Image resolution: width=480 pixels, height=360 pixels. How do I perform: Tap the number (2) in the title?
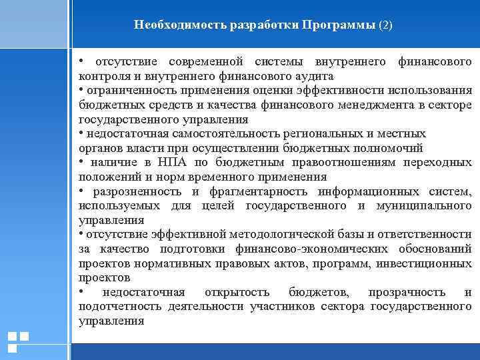pyautogui.click(x=386, y=25)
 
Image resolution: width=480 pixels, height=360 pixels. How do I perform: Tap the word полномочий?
pyautogui.click(x=391, y=148)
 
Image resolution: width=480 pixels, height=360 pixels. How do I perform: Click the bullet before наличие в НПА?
pyautogui.click(x=81, y=163)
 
